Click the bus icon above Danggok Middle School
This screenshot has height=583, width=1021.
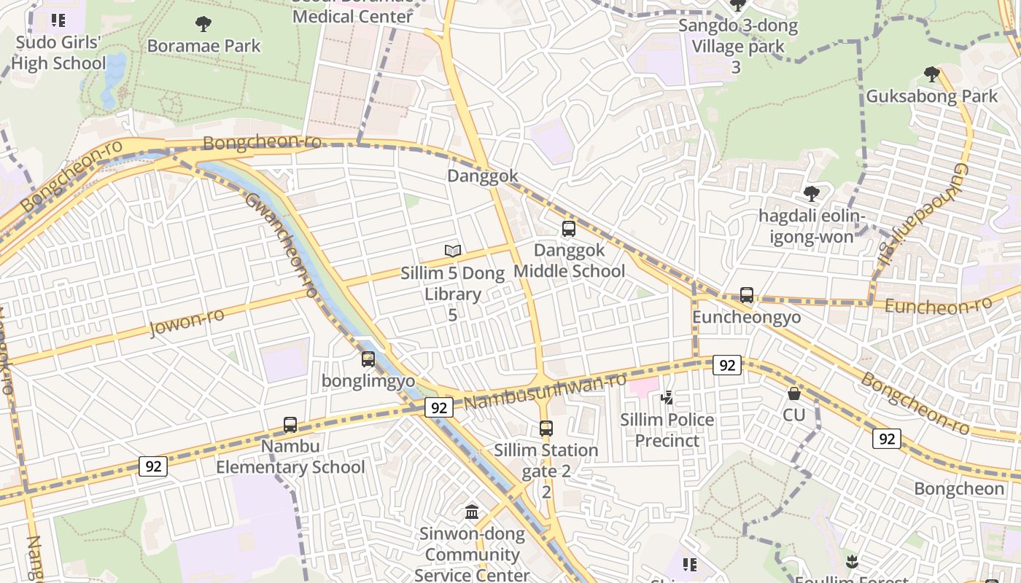pos(569,229)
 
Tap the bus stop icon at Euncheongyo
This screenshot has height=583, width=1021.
pos(747,295)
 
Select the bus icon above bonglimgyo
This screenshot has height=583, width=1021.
pos(368,359)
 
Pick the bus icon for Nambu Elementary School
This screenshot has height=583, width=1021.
pos(290,425)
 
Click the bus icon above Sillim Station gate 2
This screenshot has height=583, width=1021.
pos(546,429)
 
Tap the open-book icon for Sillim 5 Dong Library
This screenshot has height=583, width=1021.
pos(453,251)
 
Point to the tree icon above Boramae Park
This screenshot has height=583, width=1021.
pos(203,24)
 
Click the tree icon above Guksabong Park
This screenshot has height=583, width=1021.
pos(931,74)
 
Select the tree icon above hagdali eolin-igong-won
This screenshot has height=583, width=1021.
pos(811,194)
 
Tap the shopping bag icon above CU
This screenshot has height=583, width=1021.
pos(794,394)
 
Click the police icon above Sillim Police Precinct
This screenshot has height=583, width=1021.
pos(667,398)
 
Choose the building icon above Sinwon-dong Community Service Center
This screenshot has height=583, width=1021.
pos(472,512)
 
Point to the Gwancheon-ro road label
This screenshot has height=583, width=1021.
pos(282,245)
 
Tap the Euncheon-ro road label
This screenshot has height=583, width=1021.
pos(939,305)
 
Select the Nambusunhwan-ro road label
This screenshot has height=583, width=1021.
pos(545,392)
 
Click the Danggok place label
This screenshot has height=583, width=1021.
pos(483,176)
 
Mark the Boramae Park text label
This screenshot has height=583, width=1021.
pos(203,46)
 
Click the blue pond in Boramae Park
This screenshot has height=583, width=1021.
pos(114,80)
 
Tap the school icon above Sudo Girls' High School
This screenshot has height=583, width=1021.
pos(58,20)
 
